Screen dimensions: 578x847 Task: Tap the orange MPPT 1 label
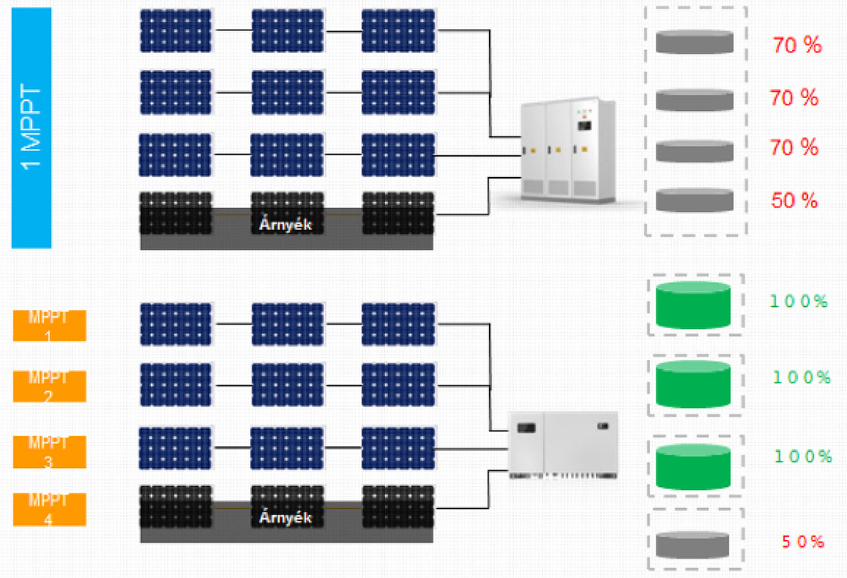pos(49,325)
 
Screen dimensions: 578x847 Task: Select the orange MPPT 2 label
pos(49,386)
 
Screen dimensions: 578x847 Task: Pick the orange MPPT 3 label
pos(49,452)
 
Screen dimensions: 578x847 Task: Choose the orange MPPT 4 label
pos(49,510)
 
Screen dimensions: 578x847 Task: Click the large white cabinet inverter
pos(568,150)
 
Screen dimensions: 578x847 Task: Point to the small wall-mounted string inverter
pos(563,445)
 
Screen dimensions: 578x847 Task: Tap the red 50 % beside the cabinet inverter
pos(794,200)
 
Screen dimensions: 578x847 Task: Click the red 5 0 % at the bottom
pos(803,542)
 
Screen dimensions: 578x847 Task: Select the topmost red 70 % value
pos(797,46)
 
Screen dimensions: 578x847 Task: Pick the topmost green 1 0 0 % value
pos(798,301)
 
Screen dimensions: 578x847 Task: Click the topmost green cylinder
pos(692,305)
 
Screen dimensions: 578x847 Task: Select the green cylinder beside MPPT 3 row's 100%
pos(692,466)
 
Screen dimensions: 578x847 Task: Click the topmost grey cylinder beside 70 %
pos(694,42)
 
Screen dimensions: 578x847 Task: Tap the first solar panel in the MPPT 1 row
pos(176,324)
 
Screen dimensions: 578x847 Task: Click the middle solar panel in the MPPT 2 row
pos(287,385)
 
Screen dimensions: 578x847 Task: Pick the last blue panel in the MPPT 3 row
pos(398,448)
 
